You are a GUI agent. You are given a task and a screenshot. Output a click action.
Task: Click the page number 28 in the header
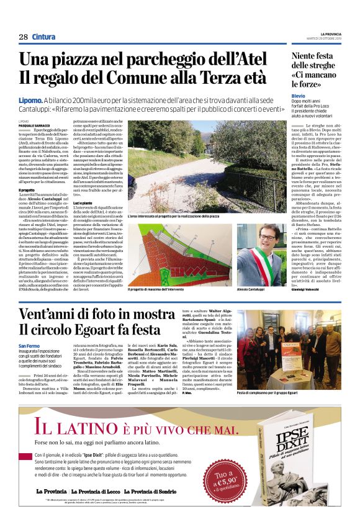pyautogui.click(x=23, y=37)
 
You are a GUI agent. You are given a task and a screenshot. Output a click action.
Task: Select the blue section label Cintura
pyautogui.click(x=43, y=37)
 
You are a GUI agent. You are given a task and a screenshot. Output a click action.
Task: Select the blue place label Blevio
pyautogui.click(x=299, y=96)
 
